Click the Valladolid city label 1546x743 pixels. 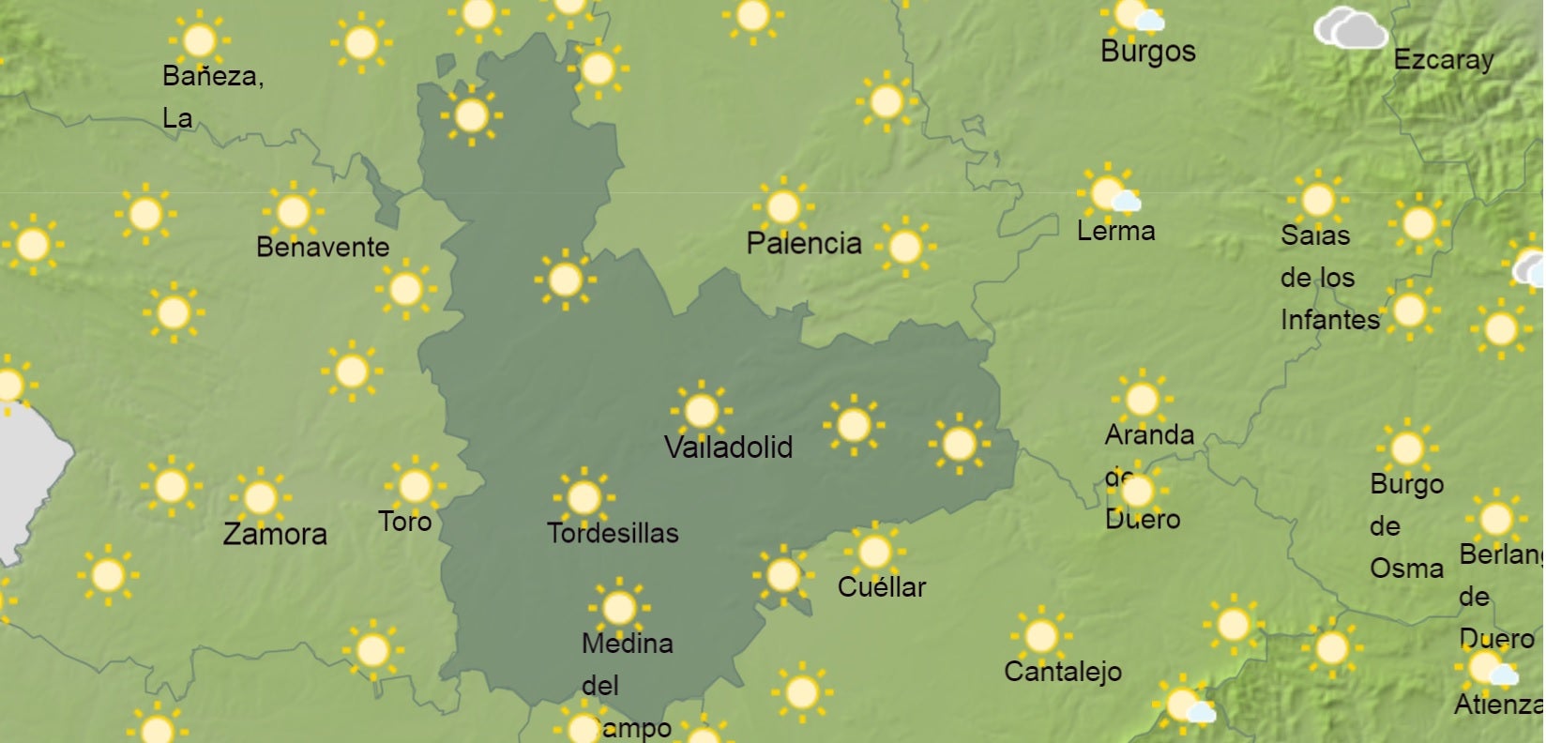tap(728, 447)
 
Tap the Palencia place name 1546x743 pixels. tap(803, 244)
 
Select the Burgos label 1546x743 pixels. tap(1147, 52)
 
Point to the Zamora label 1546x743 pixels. tap(275, 535)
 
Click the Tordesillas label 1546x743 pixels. tap(613, 534)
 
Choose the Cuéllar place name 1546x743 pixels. tap(881, 587)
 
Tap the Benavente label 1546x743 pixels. tap(322, 248)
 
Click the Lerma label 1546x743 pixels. tap(1115, 231)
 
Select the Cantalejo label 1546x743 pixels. tap(1062, 672)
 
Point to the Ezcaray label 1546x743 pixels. tap(1443, 60)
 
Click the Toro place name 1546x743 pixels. tap(404, 522)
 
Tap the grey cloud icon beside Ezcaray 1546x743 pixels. tap(1350, 29)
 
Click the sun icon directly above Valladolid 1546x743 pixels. tap(701, 411)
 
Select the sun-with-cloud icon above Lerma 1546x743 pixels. tap(1110, 192)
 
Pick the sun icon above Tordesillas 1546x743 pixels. tap(584, 497)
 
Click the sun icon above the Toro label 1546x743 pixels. tap(415, 486)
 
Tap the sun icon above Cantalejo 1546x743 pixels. tap(1040, 636)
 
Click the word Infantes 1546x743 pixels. tap(1329, 320)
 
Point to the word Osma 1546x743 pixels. tap(1405, 569)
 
